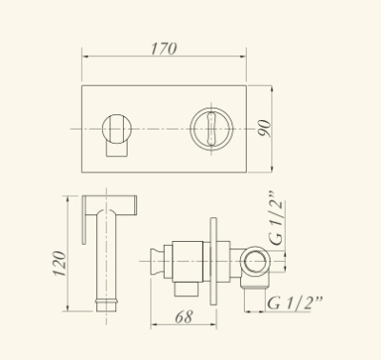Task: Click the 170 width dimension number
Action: pos(164,49)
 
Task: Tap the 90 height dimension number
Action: pos(265,129)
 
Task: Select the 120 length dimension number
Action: pos(60,264)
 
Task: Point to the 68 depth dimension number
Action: pos(184,316)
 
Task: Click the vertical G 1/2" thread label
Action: pos(275,219)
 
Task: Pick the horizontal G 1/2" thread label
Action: pos(294,303)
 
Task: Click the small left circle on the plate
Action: pos(116,129)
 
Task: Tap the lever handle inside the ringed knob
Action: pos(211,129)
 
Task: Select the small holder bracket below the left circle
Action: pos(117,150)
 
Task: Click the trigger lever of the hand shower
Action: pos(85,220)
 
